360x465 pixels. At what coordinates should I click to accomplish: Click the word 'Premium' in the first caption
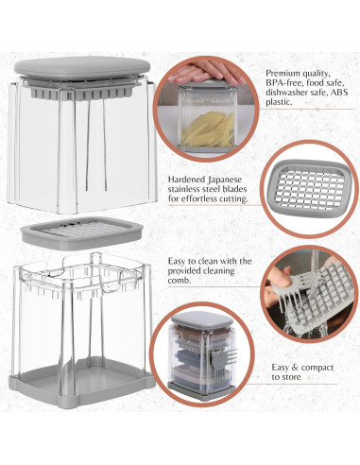[282, 74]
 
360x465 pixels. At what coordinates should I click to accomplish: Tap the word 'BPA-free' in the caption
[281, 83]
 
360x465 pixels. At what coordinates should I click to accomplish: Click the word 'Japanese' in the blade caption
[225, 180]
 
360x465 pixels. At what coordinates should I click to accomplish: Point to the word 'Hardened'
[186, 180]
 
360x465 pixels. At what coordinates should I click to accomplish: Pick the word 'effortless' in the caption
[197, 198]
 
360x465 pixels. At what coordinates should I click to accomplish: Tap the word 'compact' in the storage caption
[317, 368]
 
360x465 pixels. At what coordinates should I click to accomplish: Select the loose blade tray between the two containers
[81, 233]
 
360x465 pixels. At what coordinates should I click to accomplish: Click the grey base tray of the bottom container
[81, 384]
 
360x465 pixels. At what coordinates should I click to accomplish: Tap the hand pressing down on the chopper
[205, 72]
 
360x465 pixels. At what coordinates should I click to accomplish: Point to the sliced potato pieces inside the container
[207, 130]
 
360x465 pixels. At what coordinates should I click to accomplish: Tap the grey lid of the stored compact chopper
[202, 319]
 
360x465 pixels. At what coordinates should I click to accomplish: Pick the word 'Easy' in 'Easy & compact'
[280, 368]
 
